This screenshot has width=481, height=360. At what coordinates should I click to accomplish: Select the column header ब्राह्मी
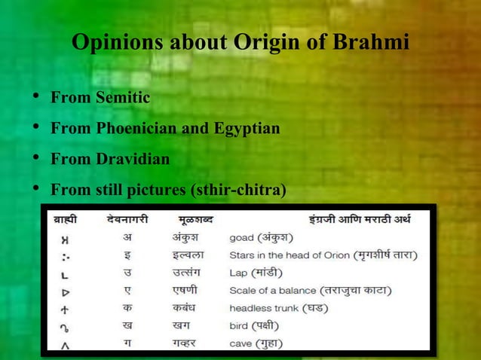(65, 220)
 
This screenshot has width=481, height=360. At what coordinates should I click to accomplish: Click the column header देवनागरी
(127, 220)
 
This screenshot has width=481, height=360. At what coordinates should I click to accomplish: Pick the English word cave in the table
(241, 344)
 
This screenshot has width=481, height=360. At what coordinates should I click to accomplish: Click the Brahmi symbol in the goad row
(65, 238)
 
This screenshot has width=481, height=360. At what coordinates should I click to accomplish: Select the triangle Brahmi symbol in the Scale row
(65, 290)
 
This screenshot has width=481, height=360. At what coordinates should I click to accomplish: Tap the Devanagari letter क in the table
(127, 308)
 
